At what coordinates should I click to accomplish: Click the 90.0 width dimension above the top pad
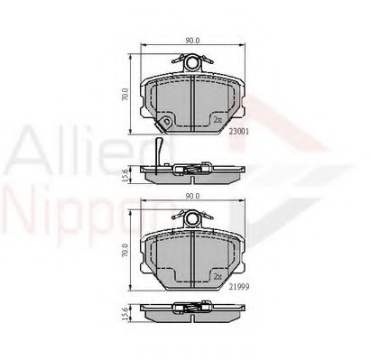[190, 40]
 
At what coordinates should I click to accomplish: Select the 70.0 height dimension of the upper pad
[127, 93]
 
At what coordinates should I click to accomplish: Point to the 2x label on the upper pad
[218, 120]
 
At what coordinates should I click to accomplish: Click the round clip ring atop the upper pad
[190, 62]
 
